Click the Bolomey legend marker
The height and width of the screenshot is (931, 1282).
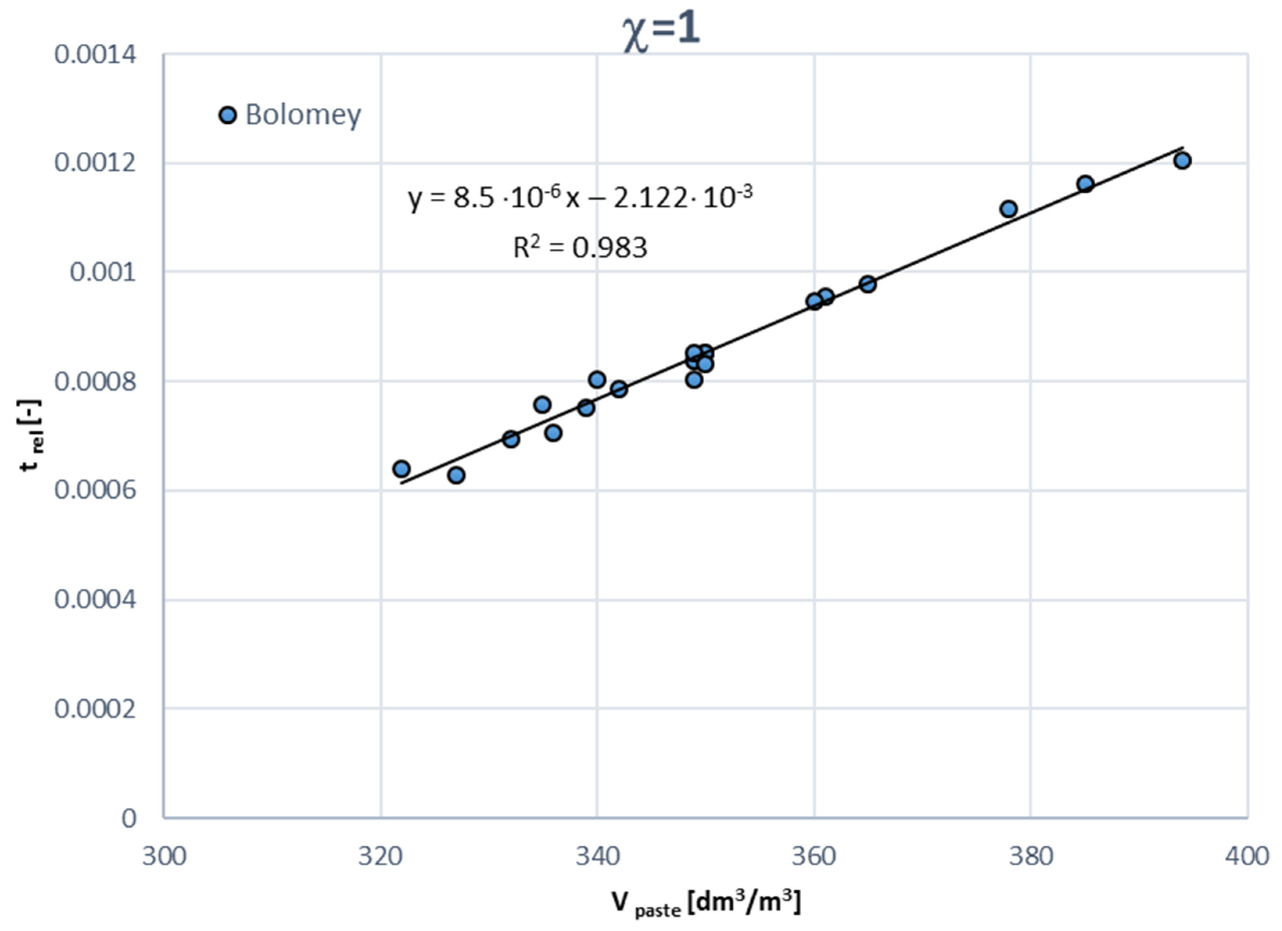point(227,115)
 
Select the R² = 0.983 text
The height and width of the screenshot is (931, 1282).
point(580,247)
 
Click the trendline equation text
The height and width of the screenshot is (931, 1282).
point(580,198)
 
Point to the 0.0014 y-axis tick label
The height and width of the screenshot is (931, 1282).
point(95,56)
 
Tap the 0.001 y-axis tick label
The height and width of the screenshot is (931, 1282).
point(103,272)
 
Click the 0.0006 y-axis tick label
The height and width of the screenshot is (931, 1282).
point(95,490)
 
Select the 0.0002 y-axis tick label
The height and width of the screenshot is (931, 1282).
point(95,708)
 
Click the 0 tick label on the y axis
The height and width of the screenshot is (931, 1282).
point(129,818)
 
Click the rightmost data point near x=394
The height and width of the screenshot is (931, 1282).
point(1182,160)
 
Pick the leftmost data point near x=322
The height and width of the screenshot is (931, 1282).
point(401,468)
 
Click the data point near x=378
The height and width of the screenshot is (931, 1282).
point(1008,209)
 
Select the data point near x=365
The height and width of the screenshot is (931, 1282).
point(868,284)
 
